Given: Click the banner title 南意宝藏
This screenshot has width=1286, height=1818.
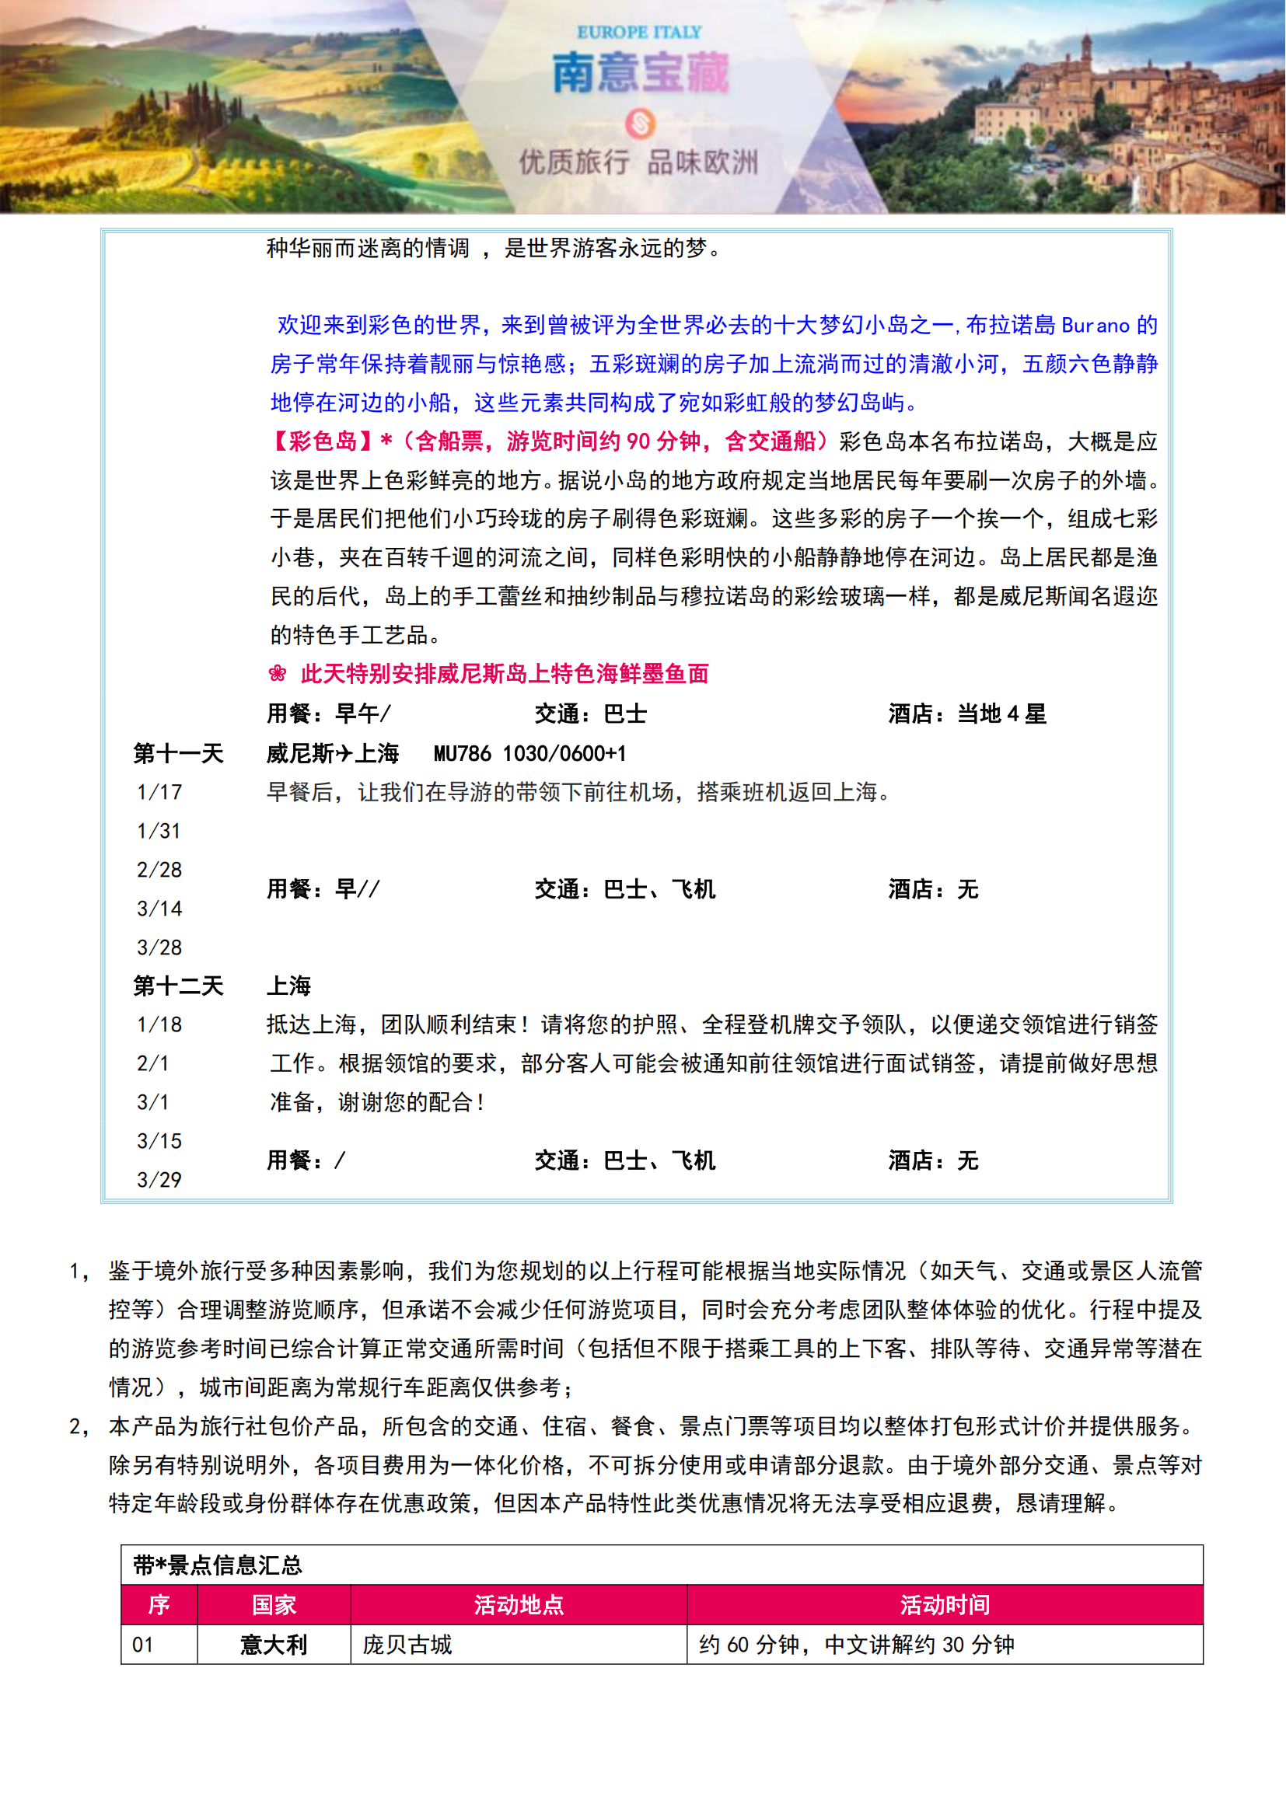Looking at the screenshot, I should (640, 73).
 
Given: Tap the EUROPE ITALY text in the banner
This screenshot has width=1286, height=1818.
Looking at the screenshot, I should (639, 33).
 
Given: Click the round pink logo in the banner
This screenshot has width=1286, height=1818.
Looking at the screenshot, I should (640, 124).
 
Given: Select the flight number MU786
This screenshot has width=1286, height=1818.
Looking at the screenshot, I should (462, 753).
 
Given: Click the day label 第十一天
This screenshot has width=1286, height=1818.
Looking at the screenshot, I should (178, 753).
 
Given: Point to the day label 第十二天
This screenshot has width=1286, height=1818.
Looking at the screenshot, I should (178, 986).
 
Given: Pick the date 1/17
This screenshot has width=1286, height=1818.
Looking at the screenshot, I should (159, 792).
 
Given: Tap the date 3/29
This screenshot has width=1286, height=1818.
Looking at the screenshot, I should (159, 1180).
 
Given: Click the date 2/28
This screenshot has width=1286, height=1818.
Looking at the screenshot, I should (159, 870).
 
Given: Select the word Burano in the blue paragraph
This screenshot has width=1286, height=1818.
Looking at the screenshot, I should (1096, 326).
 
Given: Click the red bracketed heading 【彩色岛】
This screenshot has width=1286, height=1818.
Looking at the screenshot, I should (323, 441).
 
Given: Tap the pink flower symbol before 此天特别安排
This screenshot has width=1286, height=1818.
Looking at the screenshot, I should (277, 674).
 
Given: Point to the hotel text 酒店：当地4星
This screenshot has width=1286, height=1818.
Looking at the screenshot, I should (967, 714).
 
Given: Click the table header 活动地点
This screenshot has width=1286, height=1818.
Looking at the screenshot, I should (519, 1605).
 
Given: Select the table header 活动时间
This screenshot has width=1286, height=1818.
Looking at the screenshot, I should (945, 1605).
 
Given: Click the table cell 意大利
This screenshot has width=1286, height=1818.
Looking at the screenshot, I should (274, 1645).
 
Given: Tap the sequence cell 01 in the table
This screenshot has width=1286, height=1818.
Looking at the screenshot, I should (142, 1645).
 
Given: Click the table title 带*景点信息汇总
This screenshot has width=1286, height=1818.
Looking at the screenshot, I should (218, 1565).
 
